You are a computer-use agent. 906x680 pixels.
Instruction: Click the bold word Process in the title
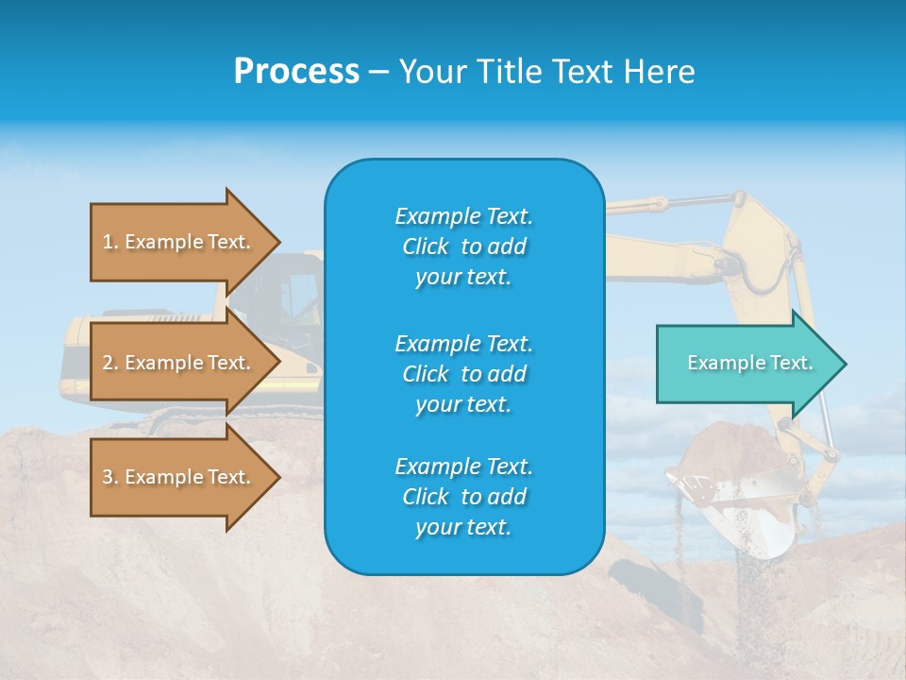[x=296, y=72]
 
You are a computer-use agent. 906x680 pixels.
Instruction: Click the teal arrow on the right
[x=746, y=364]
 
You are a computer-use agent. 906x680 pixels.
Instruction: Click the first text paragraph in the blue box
[x=463, y=246]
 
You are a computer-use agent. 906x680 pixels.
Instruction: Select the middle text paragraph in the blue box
[x=463, y=374]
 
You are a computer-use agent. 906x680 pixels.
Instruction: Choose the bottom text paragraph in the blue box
[x=463, y=497]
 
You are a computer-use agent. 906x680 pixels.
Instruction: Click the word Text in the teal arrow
[x=791, y=363]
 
